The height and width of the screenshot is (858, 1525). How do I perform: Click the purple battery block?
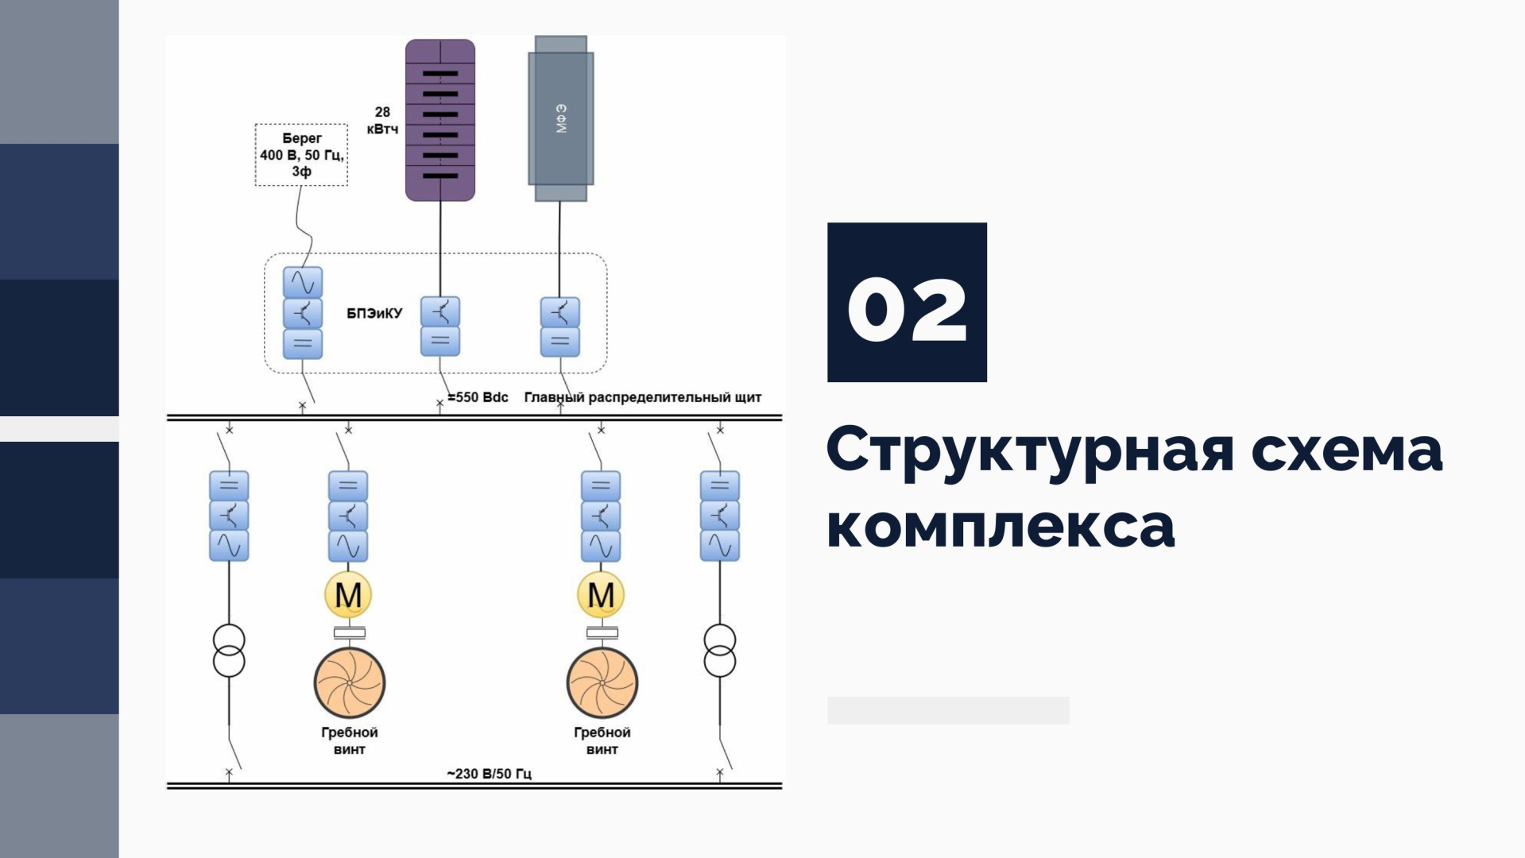point(440,120)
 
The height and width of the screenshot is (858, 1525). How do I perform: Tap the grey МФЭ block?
point(561,118)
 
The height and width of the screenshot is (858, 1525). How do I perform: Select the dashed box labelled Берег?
point(301,155)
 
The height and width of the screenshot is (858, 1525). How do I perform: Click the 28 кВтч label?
point(382,121)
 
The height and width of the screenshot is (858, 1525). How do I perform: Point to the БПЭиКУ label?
point(374,314)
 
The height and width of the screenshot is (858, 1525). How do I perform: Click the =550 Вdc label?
point(478,397)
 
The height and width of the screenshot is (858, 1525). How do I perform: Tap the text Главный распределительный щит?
point(643,397)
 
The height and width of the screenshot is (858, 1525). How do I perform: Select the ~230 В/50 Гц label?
point(489,773)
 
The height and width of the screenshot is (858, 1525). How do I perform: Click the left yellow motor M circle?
point(348,594)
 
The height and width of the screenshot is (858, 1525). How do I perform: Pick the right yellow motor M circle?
point(601,594)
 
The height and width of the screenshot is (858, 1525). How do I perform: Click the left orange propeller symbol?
point(350,682)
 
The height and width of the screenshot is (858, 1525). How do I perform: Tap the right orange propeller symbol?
point(602,682)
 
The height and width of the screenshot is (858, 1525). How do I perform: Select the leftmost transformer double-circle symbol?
point(229,651)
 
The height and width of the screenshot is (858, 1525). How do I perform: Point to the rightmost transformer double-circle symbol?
point(720,651)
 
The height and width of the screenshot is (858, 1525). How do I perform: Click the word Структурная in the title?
point(1030,450)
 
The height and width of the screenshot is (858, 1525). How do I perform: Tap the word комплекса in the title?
point(1001,526)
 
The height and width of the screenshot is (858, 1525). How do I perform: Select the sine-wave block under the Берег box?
point(303,282)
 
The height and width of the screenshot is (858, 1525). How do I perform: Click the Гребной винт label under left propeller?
point(350,740)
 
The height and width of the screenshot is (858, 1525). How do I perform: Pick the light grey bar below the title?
point(948,710)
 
